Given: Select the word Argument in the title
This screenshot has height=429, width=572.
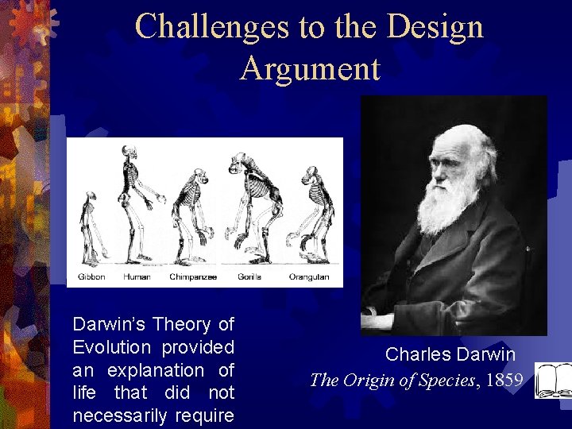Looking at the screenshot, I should tap(310, 68).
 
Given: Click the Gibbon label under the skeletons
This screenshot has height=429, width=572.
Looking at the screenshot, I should tap(91, 277).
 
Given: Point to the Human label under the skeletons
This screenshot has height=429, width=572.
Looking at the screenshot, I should tap(137, 277).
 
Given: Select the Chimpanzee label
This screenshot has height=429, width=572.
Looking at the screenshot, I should tap(191, 277).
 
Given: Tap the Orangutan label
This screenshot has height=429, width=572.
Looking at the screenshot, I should tap(309, 277).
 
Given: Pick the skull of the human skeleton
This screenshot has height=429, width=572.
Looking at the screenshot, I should tap(129, 153).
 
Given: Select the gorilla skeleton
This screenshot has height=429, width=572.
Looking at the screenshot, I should tap(252, 207).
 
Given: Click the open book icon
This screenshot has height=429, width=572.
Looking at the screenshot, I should tap(551, 380).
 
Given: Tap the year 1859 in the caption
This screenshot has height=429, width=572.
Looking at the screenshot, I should tap(504, 380).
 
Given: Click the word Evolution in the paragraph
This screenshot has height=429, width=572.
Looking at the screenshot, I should tap(111, 348).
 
